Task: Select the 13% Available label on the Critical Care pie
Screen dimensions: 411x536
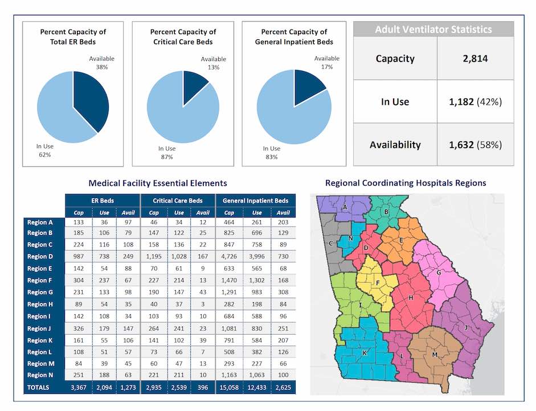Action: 213,63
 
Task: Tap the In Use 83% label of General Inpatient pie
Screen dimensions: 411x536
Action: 272,153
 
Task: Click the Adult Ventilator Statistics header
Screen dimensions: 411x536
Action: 433,30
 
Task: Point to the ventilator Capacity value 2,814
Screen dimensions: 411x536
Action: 476,59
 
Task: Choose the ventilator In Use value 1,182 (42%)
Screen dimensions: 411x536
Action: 476,102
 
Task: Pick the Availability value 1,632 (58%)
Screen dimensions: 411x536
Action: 476,145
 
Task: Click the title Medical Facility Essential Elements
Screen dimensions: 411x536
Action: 158,183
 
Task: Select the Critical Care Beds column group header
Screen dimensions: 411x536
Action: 178,201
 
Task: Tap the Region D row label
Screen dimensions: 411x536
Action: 40,256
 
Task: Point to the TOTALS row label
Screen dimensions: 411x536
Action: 38,388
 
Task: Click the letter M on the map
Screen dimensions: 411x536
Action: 435,355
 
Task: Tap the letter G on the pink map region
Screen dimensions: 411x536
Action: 439,273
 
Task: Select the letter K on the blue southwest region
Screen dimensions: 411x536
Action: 364,353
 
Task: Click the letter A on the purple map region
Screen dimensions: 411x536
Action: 345,208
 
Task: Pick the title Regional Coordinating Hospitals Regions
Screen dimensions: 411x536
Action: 405,183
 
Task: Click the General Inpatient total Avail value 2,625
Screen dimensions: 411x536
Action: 282,388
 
